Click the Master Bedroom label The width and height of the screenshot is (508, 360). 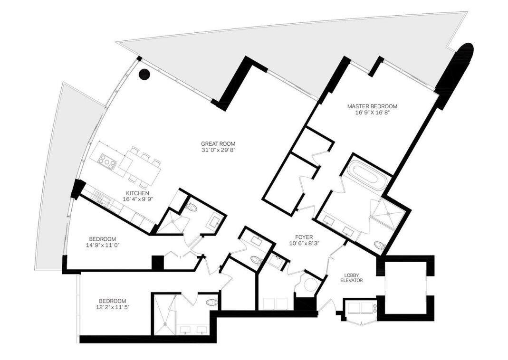[372, 106]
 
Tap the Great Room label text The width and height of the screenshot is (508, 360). [218, 144]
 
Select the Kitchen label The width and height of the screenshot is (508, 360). [137, 193]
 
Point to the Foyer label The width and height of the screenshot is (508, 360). [303, 236]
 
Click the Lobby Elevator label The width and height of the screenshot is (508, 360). [352, 278]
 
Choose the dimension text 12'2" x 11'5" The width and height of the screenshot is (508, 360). [113, 307]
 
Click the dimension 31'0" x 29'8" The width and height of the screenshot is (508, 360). [218, 151]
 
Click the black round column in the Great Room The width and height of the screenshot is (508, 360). [144, 75]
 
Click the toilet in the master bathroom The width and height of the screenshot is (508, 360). [380, 246]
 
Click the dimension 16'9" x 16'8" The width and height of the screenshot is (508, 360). [372, 113]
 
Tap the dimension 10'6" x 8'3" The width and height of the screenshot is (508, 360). [303, 243]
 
